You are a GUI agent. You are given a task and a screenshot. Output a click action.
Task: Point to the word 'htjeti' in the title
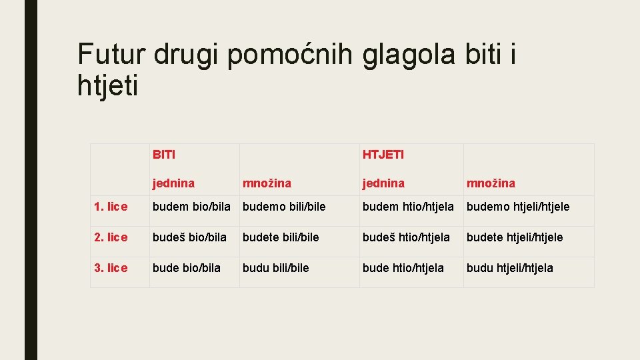[x=108, y=86]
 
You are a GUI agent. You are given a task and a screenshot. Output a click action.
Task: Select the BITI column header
[x=164, y=155]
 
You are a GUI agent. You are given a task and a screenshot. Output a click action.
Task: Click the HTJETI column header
[x=383, y=155]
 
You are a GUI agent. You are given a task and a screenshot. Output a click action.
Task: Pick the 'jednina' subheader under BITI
[x=173, y=183]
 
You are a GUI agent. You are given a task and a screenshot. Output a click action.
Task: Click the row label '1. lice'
[x=111, y=207]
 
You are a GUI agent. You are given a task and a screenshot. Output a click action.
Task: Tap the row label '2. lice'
[x=111, y=237]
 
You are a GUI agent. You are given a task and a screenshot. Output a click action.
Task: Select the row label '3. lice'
[x=111, y=268]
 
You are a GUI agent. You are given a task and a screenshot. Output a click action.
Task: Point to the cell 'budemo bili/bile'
[x=284, y=207]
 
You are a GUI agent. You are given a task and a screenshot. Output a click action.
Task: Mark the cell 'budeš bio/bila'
[x=189, y=237]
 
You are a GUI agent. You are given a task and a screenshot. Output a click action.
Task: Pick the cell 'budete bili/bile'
[x=281, y=237]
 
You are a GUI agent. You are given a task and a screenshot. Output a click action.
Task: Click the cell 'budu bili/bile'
[x=275, y=268]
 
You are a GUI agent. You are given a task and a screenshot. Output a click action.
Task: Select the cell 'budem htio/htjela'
[x=408, y=207]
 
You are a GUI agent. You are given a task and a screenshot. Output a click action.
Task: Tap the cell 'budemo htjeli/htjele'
[x=518, y=207]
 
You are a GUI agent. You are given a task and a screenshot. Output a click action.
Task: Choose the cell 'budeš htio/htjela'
[x=406, y=237]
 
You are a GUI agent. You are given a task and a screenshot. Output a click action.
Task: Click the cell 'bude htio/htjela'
[x=403, y=268]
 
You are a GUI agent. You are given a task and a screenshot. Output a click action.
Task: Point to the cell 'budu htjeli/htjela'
[x=509, y=268]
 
